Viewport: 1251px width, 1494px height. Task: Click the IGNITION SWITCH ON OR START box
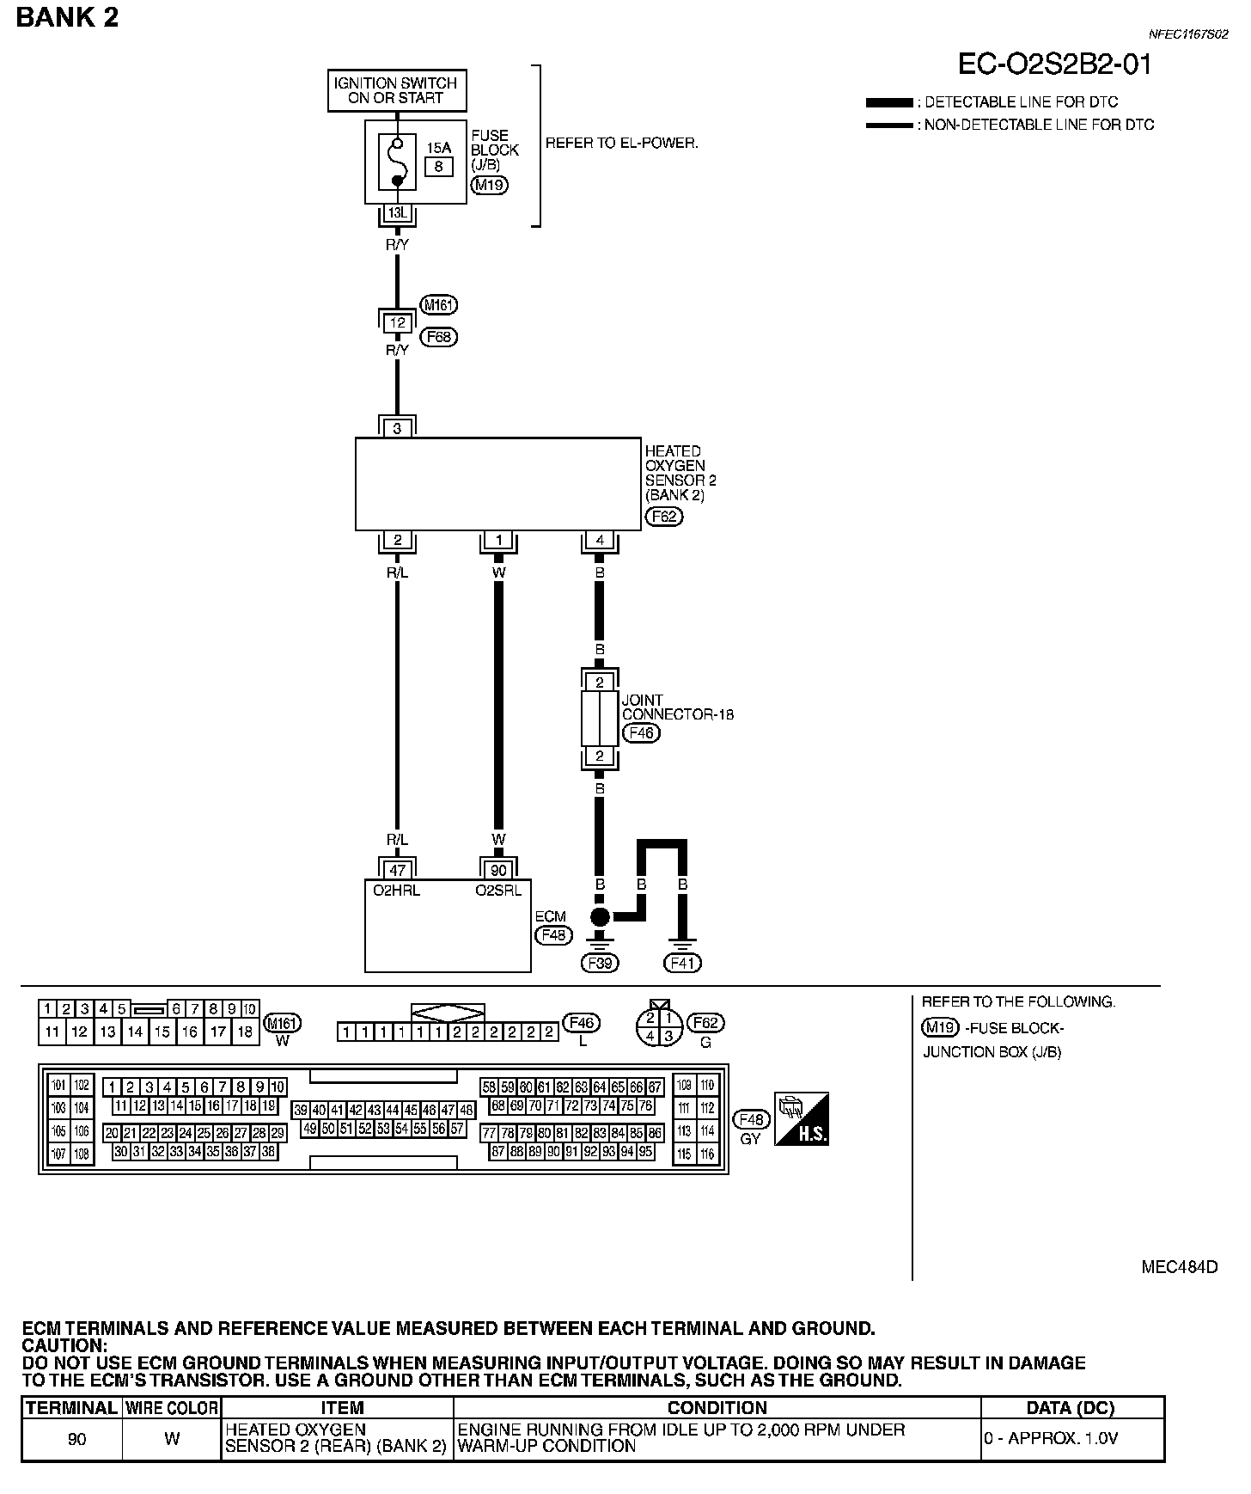397,90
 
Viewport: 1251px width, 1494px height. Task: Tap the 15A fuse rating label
438,148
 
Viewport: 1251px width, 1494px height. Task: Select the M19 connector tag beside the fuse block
489,185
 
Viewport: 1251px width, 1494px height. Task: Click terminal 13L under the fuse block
397,211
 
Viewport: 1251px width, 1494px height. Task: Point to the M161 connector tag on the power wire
438,304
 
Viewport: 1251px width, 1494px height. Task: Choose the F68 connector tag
438,337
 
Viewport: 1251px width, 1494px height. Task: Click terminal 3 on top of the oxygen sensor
397,428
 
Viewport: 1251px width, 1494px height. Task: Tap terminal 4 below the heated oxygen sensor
599,541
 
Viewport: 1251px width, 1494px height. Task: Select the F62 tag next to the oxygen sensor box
662,517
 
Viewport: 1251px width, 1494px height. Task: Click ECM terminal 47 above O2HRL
397,871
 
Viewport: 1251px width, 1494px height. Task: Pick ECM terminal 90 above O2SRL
498,871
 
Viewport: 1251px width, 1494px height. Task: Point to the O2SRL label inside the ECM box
498,891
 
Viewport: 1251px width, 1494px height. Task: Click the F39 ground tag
600,963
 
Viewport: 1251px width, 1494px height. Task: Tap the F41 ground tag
682,963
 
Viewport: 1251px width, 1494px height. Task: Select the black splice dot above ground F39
600,916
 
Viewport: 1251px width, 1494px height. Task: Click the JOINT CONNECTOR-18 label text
677,707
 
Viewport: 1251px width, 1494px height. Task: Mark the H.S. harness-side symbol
801,1119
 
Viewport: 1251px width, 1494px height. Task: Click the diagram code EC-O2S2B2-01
1054,64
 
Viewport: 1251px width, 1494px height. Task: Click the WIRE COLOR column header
172,1408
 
